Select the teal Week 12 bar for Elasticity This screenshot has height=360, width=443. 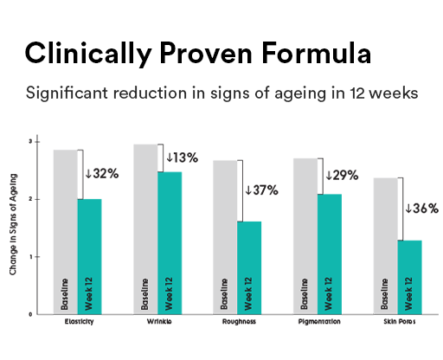(x=89, y=256)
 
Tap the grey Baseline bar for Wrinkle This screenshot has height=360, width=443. (x=145, y=228)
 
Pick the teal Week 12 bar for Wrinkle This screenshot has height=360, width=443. (x=169, y=242)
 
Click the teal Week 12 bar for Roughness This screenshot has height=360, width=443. (x=248, y=267)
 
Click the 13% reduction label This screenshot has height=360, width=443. (x=181, y=157)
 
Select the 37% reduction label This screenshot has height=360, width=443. (x=261, y=190)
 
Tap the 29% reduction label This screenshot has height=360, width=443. (x=340, y=175)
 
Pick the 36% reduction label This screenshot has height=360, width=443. (x=421, y=208)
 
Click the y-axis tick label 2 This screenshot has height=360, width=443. (x=30, y=199)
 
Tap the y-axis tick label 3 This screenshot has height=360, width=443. (x=30, y=141)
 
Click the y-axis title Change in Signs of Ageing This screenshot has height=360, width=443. (x=16, y=227)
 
